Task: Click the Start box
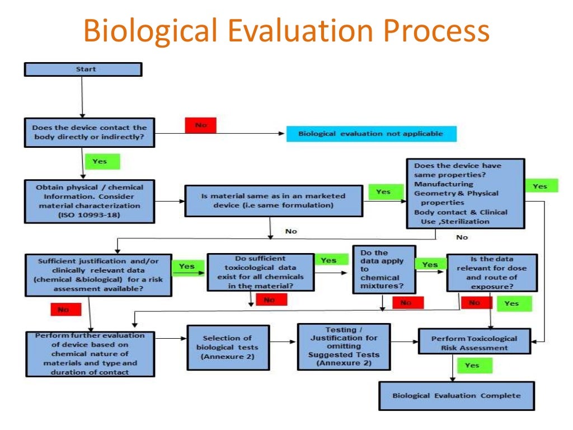coord(83,69)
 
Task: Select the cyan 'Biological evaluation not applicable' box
coord(371,134)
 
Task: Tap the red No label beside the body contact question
coord(200,125)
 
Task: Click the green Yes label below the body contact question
coord(102,161)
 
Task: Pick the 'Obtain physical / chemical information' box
coord(90,201)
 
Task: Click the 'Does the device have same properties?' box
coord(465,194)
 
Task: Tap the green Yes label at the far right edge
coord(541,186)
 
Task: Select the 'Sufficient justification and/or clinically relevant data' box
coord(98,275)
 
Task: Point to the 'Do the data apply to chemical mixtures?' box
coord(384,269)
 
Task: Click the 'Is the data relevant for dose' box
coord(491,273)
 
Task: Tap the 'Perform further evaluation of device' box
coord(90,354)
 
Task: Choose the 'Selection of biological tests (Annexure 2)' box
coord(228,347)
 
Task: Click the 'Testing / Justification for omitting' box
coord(344,347)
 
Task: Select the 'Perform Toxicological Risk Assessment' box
coord(474,343)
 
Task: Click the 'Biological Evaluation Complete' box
coord(456,396)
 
